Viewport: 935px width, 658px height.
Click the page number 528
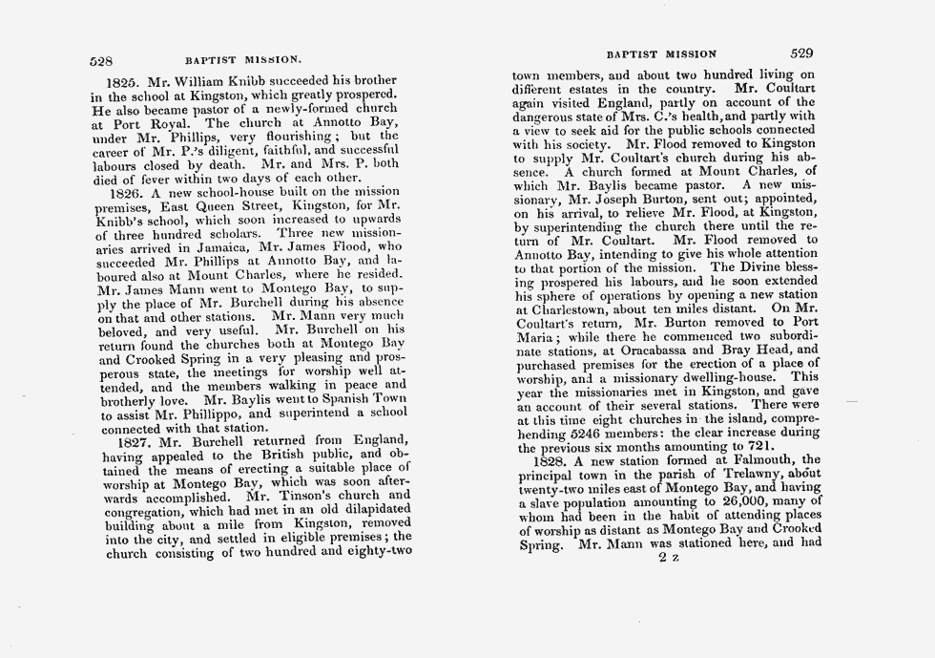coord(101,58)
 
